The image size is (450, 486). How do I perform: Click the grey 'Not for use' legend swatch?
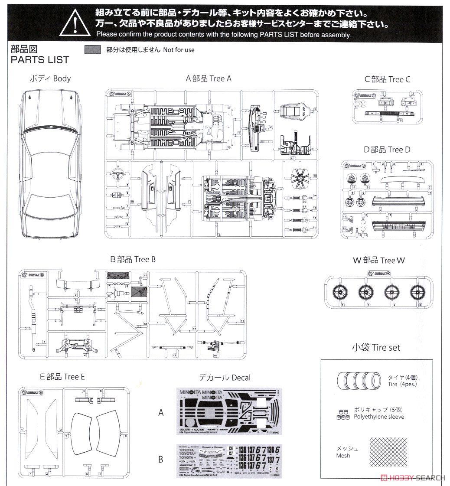(x=92, y=50)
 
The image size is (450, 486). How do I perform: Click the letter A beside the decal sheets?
(x=161, y=413)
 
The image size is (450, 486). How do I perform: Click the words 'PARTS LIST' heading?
(x=40, y=59)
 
